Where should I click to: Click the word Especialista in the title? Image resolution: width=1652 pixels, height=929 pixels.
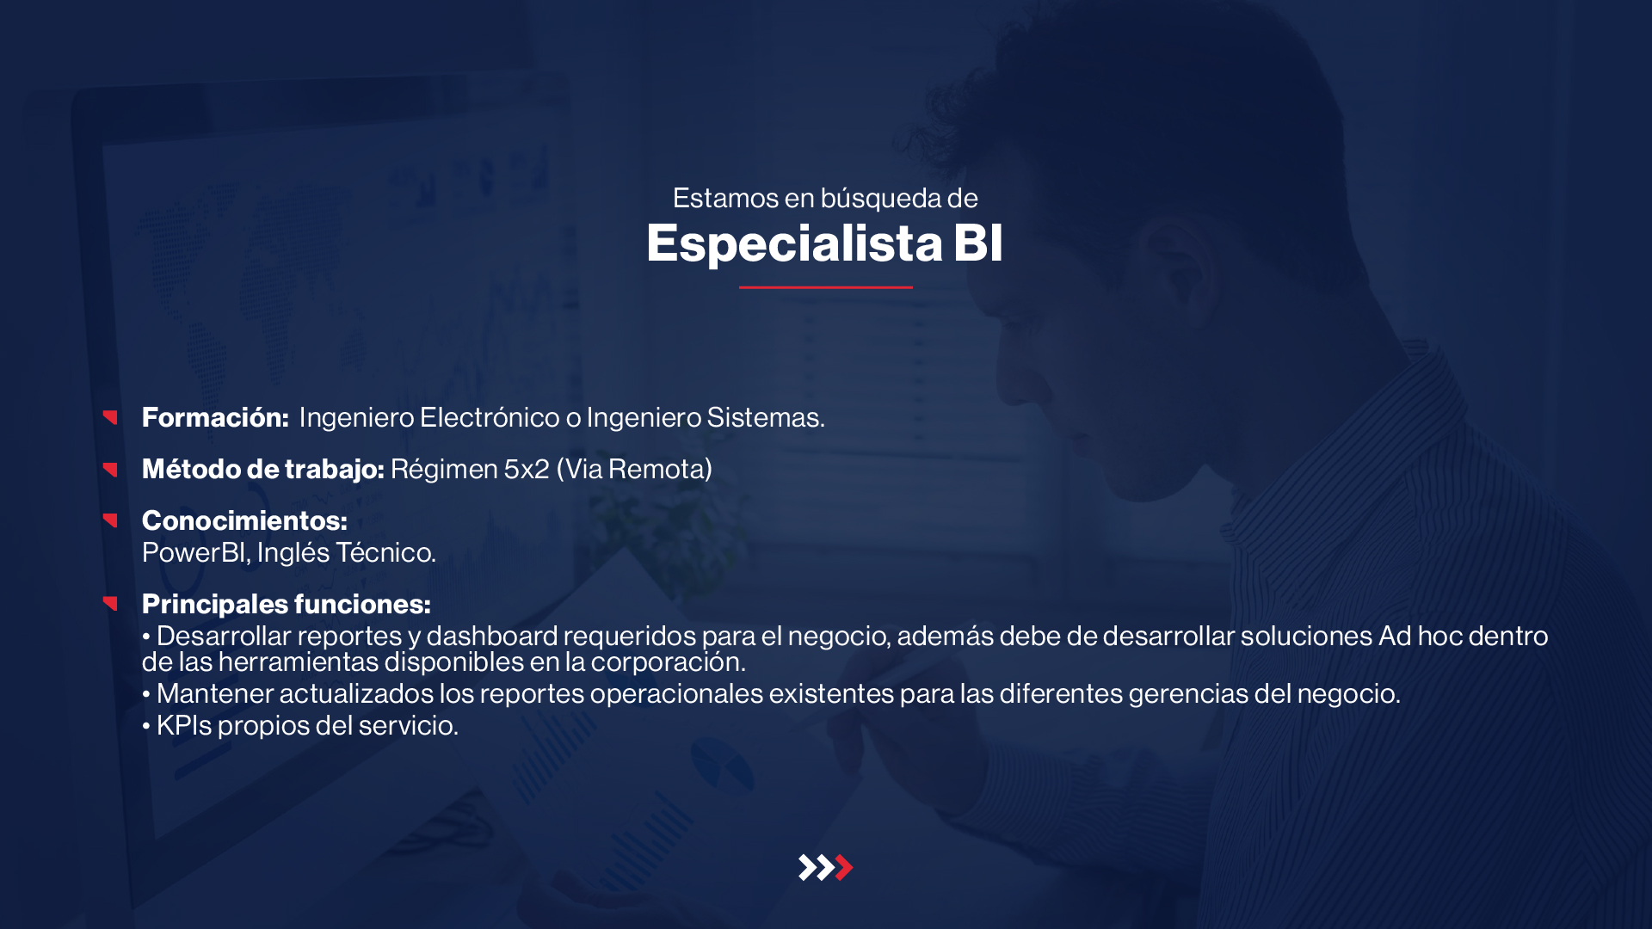(x=794, y=244)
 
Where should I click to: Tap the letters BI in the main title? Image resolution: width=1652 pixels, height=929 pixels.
(x=978, y=243)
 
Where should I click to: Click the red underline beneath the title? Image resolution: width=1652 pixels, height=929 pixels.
(x=826, y=287)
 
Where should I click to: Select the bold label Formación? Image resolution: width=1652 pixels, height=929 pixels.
(x=215, y=418)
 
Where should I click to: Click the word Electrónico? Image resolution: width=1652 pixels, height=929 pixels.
(x=490, y=418)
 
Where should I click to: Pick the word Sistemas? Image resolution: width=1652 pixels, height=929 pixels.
(x=766, y=418)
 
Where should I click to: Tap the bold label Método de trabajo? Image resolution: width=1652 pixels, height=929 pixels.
(x=263, y=470)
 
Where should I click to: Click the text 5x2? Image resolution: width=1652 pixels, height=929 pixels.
(x=527, y=470)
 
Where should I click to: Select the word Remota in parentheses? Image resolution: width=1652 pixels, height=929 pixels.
(x=656, y=470)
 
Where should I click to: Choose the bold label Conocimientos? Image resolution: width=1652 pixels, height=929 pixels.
(x=244, y=521)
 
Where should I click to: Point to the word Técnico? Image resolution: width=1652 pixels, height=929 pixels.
(x=385, y=553)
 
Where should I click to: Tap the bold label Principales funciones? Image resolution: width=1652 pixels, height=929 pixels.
(x=287, y=605)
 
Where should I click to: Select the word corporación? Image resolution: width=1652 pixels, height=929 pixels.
(x=668, y=663)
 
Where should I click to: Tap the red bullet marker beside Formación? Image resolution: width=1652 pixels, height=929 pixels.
(x=110, y=417)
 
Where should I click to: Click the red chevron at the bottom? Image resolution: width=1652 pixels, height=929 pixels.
(x=844, y=867)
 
